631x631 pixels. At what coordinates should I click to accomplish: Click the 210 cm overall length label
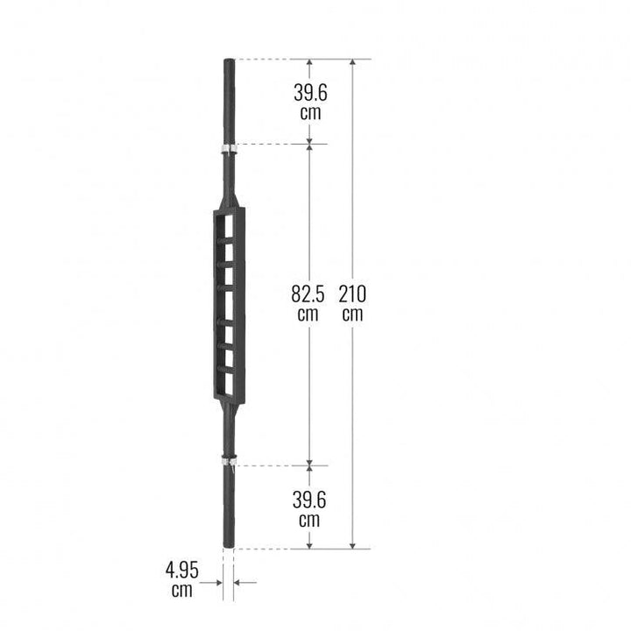point(352,303)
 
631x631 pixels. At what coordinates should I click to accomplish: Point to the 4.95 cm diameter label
point(182,579)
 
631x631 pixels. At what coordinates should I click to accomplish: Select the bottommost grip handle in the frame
point(226,370)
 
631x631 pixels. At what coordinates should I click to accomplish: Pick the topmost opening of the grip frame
point(228,225)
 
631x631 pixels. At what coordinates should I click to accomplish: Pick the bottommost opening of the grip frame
point(228,383)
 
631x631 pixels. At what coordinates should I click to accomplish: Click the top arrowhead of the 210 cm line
point(352,64)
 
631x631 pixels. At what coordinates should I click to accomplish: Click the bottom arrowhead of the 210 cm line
point(352,544)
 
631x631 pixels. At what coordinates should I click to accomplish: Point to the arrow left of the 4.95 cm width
point(215,581)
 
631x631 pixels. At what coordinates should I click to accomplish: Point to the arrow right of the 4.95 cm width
point(243,581)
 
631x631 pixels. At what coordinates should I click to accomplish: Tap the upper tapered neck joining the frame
point(229,188)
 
